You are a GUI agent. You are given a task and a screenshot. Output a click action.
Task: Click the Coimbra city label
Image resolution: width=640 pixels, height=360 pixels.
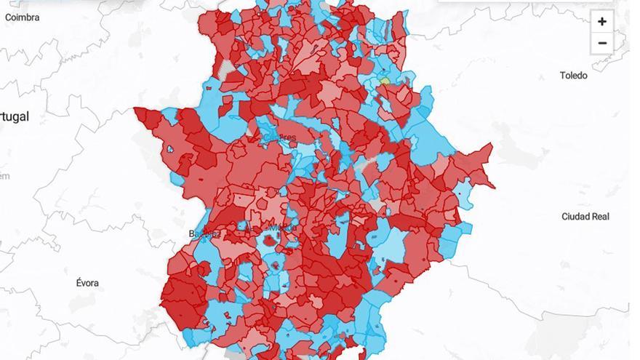coord(22,17)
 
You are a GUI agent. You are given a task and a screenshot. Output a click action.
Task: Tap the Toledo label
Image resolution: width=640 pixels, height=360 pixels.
coord(573,76)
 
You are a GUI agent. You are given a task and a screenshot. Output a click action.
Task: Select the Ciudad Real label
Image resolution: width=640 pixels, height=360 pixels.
coord(585,217)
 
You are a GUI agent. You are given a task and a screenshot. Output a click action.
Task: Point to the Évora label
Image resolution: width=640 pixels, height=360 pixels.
coord(87,282)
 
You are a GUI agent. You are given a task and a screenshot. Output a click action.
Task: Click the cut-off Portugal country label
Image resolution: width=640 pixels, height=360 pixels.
coord(15,116)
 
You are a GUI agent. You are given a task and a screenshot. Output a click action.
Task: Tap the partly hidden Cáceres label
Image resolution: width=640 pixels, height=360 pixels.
coord(282,137)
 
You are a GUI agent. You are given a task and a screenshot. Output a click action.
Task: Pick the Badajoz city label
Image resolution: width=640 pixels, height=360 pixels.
coord(203,233)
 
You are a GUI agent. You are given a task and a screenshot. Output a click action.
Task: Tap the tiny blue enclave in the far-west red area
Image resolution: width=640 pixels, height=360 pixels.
coord(170,149)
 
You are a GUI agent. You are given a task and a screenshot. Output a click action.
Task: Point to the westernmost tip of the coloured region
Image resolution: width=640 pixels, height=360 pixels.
coord(135,110)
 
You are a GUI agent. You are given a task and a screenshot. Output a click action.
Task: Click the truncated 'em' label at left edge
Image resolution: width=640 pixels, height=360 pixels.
coord(4,176)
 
